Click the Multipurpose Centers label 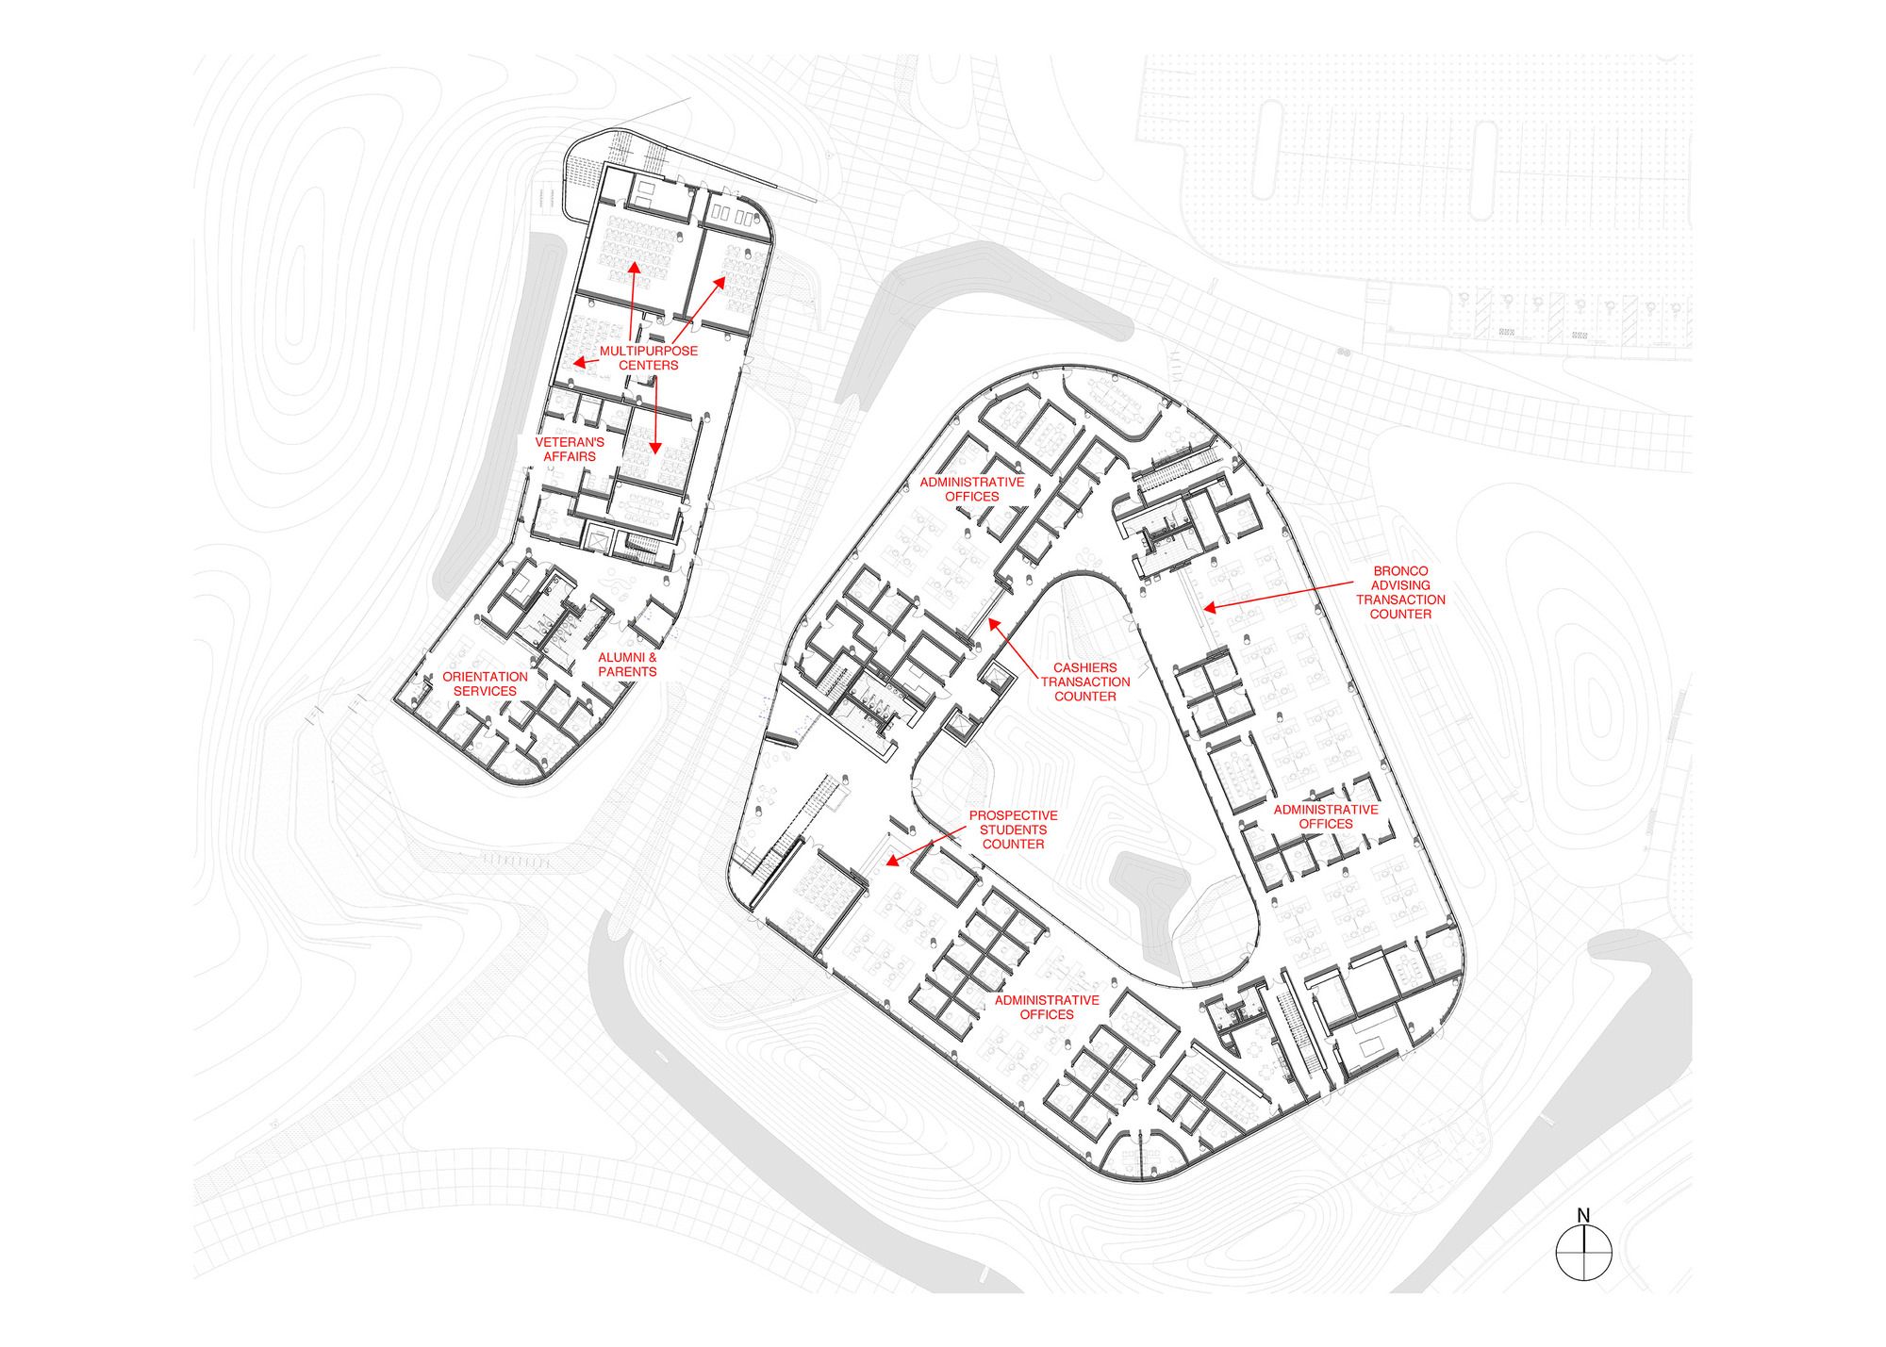649,358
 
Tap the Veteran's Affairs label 570,450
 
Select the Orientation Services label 486,683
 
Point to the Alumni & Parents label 627,665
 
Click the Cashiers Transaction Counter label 1085,682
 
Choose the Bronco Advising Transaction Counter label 1400,592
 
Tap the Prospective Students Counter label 1014,830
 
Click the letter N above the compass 1583,1216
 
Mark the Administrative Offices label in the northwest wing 972,489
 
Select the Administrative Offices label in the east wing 1326,816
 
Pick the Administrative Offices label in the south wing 1047,1007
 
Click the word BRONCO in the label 1400,571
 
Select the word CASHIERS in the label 1085,667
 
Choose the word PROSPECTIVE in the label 1014,815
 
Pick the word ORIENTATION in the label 486,677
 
